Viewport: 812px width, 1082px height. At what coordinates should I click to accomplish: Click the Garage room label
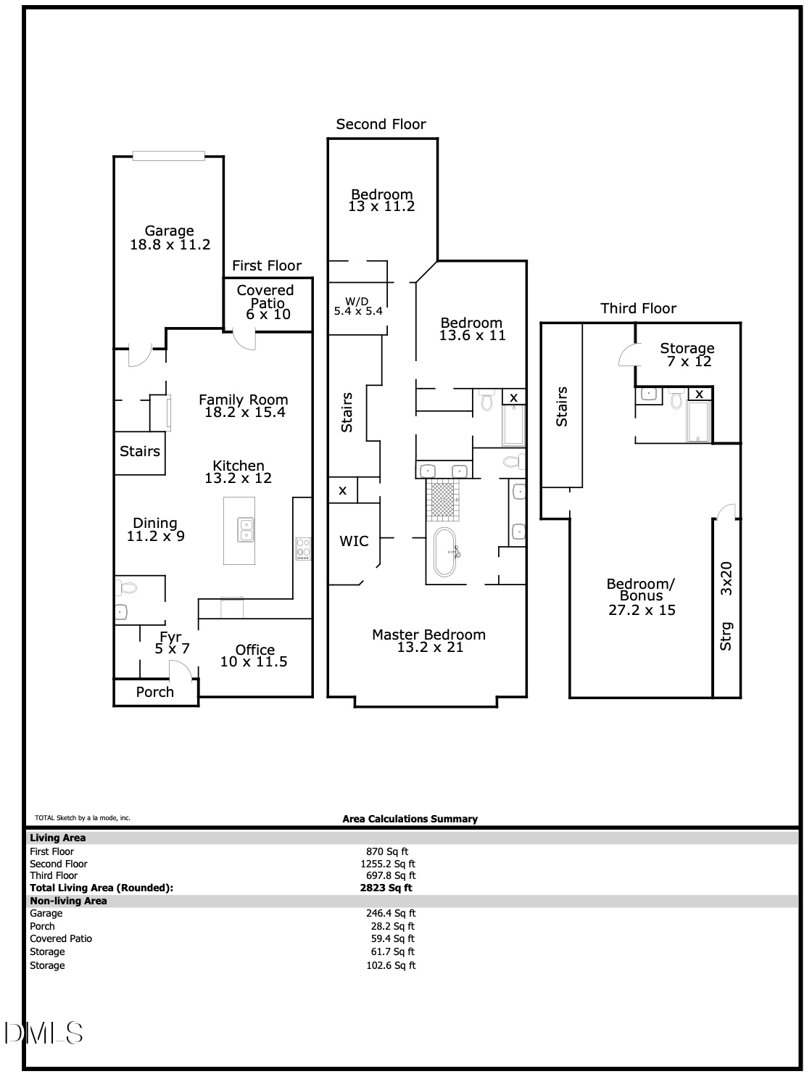[170, 238]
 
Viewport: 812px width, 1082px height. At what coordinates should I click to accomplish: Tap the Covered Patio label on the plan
[266, 302]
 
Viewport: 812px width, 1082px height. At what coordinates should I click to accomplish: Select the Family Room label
[244, 405]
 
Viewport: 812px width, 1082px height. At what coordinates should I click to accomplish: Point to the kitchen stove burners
[303, 549]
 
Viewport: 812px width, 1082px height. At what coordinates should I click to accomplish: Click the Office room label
[254, 655]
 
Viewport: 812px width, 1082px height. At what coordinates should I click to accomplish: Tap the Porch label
[154, 692]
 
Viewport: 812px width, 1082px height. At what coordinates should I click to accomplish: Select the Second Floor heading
[381, 124]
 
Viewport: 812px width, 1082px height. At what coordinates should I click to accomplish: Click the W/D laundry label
[357, 306]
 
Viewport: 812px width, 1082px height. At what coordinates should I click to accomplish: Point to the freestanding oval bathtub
[445, 552]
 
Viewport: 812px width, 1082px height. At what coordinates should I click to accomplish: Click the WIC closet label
[354, 541]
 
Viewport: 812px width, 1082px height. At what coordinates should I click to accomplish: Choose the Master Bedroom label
[429, 641]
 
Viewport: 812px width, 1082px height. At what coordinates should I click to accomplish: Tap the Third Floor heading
[638, 309]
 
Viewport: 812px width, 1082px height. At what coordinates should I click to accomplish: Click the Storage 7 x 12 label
[688, 355]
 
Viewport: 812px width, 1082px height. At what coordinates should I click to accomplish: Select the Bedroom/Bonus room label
[641, 597]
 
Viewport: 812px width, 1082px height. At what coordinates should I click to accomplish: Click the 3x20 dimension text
[726, 579]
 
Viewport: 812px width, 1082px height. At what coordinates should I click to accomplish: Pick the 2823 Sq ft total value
[386, 888]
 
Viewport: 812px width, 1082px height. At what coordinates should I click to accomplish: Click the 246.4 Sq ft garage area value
[391, 913]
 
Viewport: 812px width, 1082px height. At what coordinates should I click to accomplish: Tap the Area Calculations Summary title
[410, 819]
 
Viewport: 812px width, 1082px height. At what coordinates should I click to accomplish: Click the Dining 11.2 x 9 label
[155, 529]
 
